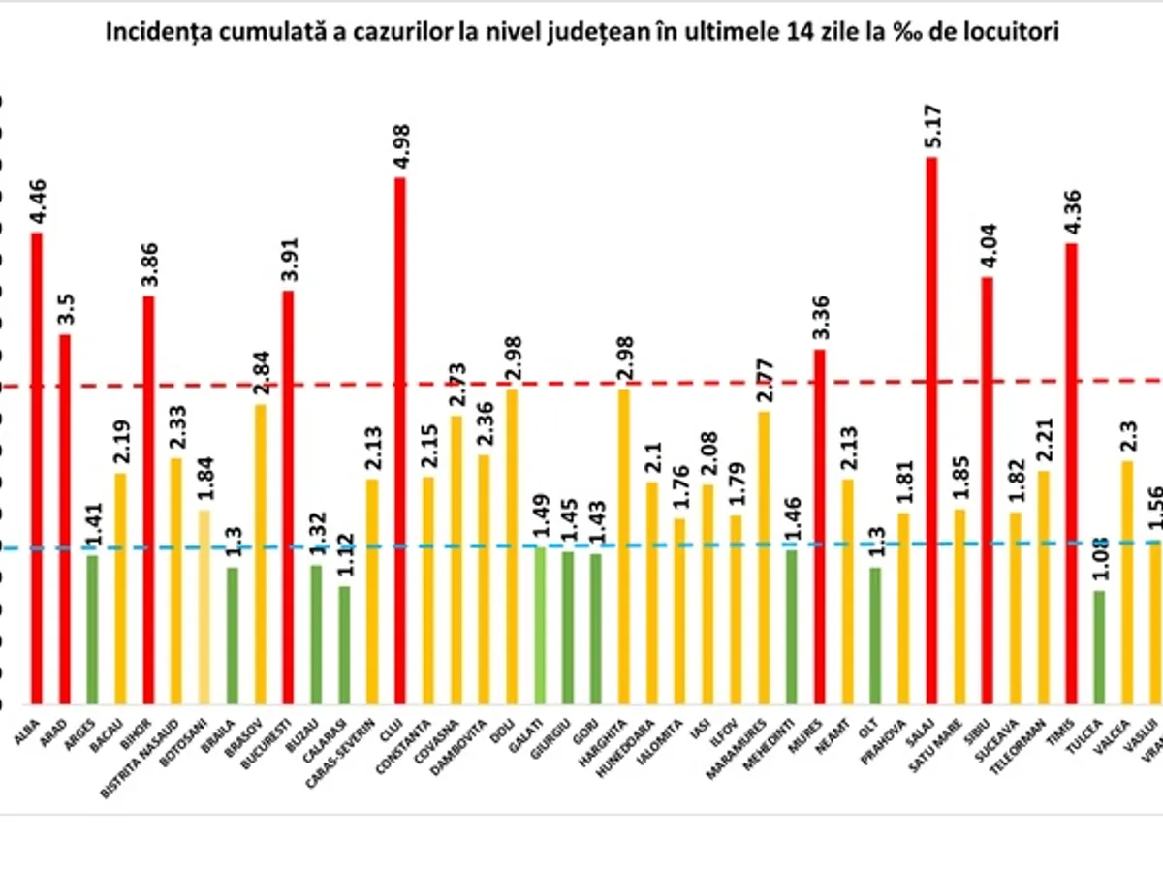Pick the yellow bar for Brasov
(261, 553)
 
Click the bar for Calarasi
(344, 644)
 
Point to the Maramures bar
(764, 557)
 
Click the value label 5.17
(931, 123)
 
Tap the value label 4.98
(399, 144)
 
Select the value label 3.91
(288, 261)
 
